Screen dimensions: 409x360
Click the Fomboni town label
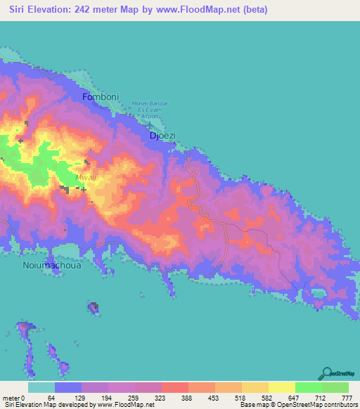coord(98,96)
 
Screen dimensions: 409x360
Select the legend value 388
coord(187,398)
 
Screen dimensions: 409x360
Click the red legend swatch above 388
coord(174,387)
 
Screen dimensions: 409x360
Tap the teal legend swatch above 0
coord(41,387)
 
